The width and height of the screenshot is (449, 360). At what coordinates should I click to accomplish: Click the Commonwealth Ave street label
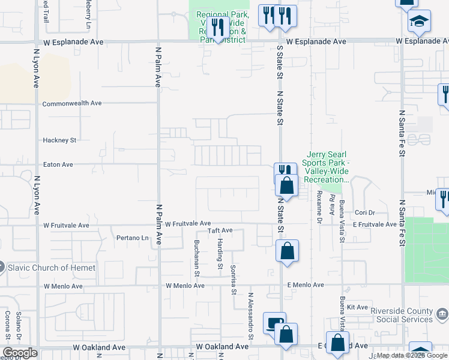pyautogui.click(x=71, y=103)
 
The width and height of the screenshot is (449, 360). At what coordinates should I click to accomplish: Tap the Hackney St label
pyautogui.click(x=59, y=140)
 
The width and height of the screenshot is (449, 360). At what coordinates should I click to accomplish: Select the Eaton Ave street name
pyautogui.click(x=58, y=164)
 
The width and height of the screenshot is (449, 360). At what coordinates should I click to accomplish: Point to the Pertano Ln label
pyautogui.click(x=132, y=238)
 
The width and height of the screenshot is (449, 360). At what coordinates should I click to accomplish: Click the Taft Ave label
pyautogui.click(x=220, y=230)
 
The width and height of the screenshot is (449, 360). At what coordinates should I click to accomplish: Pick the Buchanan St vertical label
pyautogui.click(x=196, y=258)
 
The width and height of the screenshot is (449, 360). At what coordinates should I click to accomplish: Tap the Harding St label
pyautogui.click(x=220, y=253)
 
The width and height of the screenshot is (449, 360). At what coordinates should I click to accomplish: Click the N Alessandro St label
pyautogui.click(x=251, y=318)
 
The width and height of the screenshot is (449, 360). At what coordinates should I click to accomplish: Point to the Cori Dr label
pyautogui.click(x=364, y=213)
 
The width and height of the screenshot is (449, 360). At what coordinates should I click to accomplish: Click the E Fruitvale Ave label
pyautogui.click(x=375, y=224)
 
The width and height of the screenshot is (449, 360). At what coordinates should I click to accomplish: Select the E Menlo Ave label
pyautogui.click(x=306, y=285)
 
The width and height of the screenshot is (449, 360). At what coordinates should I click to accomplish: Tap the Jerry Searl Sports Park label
pyautogui.click(x=328, y=167)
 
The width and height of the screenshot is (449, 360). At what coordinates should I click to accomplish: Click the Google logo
pyautogui.click(x=20, y=353)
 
